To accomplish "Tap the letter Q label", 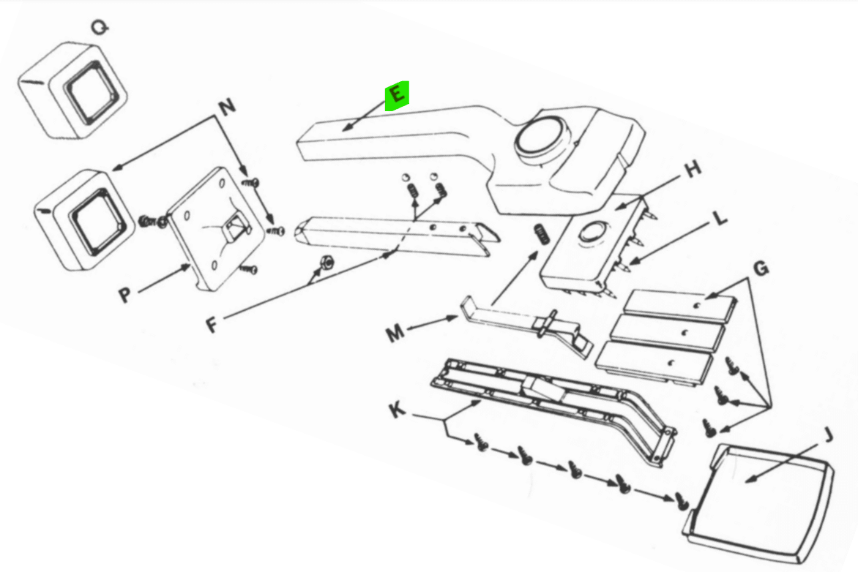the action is pos(100,27).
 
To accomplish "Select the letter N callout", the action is pos(228,105).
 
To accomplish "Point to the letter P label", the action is pos(125,295).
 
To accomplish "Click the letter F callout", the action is pos(212,325).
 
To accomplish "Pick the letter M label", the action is pos(395,333).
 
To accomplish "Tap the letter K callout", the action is pos(398,410).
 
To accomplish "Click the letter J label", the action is pos(829,435).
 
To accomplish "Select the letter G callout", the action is pos(761,268).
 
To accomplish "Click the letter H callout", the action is pos(693,169).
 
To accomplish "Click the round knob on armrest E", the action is pos(542,137).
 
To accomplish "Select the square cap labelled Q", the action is pos(72,91).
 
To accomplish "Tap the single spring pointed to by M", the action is pos(541,234).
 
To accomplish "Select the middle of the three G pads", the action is pos(668,333).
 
